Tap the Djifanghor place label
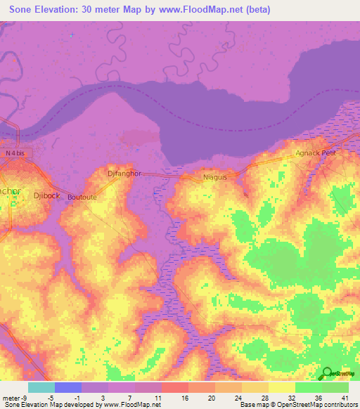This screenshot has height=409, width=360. click(124, 173)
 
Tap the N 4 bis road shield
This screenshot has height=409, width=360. click(19, 152)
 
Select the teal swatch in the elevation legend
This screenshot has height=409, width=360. click(41, 387)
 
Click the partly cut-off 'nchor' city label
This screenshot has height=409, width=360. click(10, 191)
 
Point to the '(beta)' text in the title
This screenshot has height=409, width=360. click(257, 10)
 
